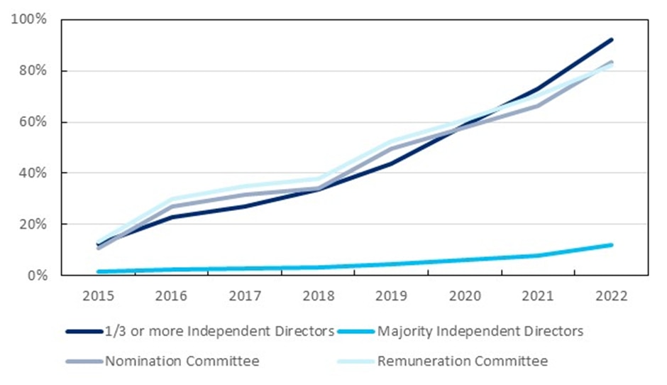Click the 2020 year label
click(466, 296)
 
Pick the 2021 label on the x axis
click(539, 296)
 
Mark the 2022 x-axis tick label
click(612, 296)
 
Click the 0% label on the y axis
click(36, 276)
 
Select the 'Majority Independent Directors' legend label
click(480, 331)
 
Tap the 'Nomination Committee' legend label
click(182, 361)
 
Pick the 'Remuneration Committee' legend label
click(462, 361)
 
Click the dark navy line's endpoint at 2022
click(612, 40)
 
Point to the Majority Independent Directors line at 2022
click(612, 245)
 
